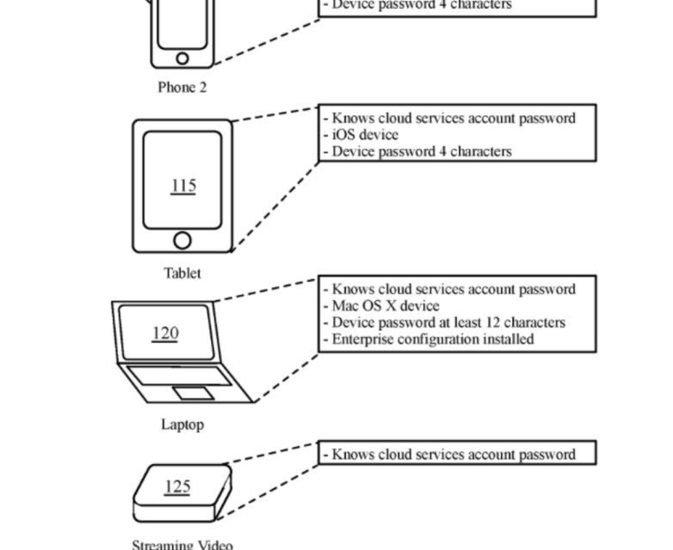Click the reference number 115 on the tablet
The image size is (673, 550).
click(182, 186)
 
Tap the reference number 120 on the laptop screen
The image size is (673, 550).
click(164, 333)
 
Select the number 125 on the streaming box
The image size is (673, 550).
click(176, 486)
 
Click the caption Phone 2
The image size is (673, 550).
click(182, 87)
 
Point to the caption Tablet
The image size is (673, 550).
click(182, 273)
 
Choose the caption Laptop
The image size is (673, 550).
click(182, 425)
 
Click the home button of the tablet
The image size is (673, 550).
click(182, 239)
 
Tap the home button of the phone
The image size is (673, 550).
click(182, 58)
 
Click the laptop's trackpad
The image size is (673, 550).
click(194, 393)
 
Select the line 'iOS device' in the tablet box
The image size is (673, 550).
click(365, 135)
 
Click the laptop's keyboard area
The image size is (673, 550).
click(179, 376)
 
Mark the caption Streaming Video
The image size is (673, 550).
click(182, 544)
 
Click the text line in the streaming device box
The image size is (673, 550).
click(453, 455)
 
